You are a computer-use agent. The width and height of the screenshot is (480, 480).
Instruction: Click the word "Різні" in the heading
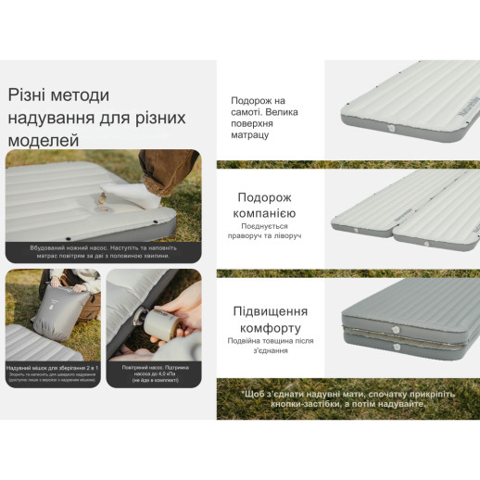pyautogui.click(x=30, y=95)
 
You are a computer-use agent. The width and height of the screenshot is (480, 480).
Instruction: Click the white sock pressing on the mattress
pyautogui.click(x=129, y=194)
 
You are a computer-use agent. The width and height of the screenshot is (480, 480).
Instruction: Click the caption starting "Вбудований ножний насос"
pyautogui.click(x=103, y=253)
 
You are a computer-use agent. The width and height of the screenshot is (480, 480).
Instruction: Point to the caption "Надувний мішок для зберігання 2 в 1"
pyautogui.click(x=52, y=370)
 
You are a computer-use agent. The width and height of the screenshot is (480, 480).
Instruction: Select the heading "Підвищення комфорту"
pyautogui.click(x=270, y=320)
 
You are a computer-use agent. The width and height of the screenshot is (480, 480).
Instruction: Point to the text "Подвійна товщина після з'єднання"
pyautogui.click(x=270, y=345)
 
